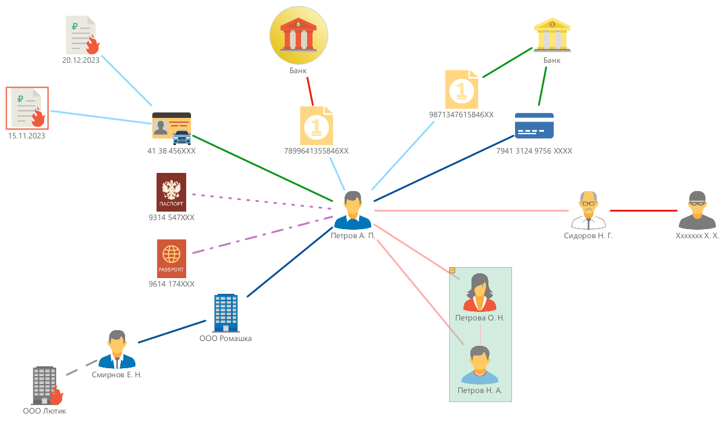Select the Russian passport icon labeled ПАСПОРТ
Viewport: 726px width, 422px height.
pyautogui.click(x=171, y=192)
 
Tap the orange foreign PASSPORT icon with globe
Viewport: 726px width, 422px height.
pyautogui.click(x=171, y=258)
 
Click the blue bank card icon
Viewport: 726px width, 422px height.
pyautogui.click(x=534, y=126)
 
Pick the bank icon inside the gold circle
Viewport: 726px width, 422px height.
pyautogui.click(x=299, y=36)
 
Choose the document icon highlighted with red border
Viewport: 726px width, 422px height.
pyautogui.click(x=27, y=108)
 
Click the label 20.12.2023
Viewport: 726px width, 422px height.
pyautogui.click(x=80, y=60)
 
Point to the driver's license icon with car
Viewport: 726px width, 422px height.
pyautogui.click(x=172, y=127)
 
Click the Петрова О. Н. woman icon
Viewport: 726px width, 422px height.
pyautogui.click(x=480, y=292)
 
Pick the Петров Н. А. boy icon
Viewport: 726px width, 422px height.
pyautogui.click(x=480, y=365)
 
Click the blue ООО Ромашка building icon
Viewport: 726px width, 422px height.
pyautogui.click(x=225, y=313)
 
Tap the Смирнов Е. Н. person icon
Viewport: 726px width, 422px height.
pyautogui.click(x=117, y=349)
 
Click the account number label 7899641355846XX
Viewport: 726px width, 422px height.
pyautogui.click(x=316, y=151)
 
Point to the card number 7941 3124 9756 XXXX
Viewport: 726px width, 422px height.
pyautogui.click(x=534, y=151)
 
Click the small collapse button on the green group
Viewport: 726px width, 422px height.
pyautogui.click(x=452, y=270)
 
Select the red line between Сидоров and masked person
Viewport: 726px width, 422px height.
pyautogui.click(x=643, y=210)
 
